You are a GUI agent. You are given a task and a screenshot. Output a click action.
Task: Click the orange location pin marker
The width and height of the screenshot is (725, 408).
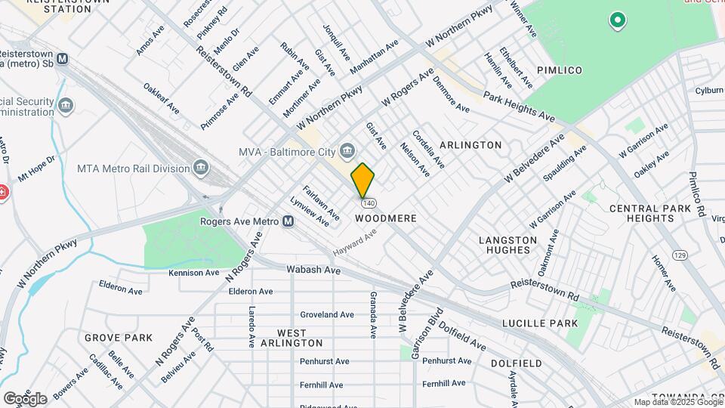(x=362, y=181)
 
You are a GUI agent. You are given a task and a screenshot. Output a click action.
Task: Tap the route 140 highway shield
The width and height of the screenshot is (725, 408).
(x=369, y=203)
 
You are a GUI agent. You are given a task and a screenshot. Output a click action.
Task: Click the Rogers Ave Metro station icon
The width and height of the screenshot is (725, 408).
(x=288, y=221)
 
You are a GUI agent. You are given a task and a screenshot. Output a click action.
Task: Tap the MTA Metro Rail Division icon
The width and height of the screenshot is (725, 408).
(x=201, y=166)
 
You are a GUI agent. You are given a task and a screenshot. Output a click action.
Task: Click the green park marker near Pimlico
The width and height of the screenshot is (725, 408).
(x=618, y=20)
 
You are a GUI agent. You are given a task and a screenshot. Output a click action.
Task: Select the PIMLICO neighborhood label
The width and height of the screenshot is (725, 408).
(x=560, y=70)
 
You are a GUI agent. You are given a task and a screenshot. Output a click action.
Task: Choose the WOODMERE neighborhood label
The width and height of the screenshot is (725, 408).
(x=386, y=218)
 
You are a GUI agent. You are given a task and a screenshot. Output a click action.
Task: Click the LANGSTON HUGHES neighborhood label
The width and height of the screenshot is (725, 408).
(x=508, y=245)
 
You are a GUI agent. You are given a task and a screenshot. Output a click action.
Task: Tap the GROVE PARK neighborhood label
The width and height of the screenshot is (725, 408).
(x=119, y=338)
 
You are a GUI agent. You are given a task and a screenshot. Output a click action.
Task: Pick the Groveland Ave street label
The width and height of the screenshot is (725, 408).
(x=327, y=314)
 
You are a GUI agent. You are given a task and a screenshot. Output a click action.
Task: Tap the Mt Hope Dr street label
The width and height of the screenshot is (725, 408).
(x=37, y=169)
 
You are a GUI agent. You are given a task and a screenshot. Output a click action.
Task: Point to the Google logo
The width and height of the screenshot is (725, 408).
(x=25, y=398)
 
